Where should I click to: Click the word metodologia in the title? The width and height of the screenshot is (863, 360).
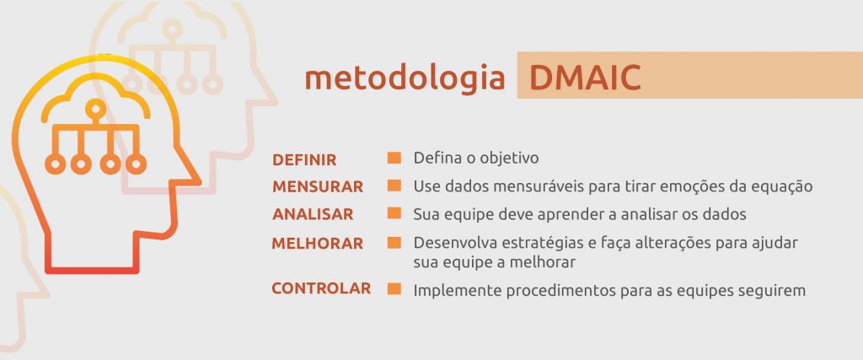[405, 78]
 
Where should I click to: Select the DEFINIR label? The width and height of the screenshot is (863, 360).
[304, 160]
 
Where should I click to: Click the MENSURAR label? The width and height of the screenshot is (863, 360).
[318, 186]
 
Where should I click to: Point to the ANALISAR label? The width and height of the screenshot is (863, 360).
[313, 213]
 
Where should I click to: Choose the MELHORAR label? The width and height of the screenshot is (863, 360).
[318, 244]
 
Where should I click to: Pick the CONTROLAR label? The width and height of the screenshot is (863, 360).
[321, 288]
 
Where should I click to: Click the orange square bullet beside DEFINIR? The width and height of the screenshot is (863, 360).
[394, 158]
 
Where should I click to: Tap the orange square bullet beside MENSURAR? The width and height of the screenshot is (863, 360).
[394, 185]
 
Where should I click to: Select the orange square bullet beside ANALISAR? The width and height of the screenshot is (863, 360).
[394, 213]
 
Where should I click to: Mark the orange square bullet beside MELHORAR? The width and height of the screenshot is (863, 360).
[394, 243]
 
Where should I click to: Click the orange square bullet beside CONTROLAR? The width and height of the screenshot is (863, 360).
[394, 289]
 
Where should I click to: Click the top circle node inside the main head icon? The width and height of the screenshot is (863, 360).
[96, 109]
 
